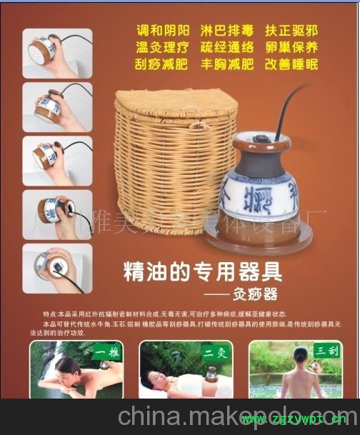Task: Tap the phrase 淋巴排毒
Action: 229,32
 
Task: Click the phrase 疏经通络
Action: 229,49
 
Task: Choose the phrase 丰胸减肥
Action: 229,65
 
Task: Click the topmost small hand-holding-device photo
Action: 57,53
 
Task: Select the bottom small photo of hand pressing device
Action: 57,269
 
